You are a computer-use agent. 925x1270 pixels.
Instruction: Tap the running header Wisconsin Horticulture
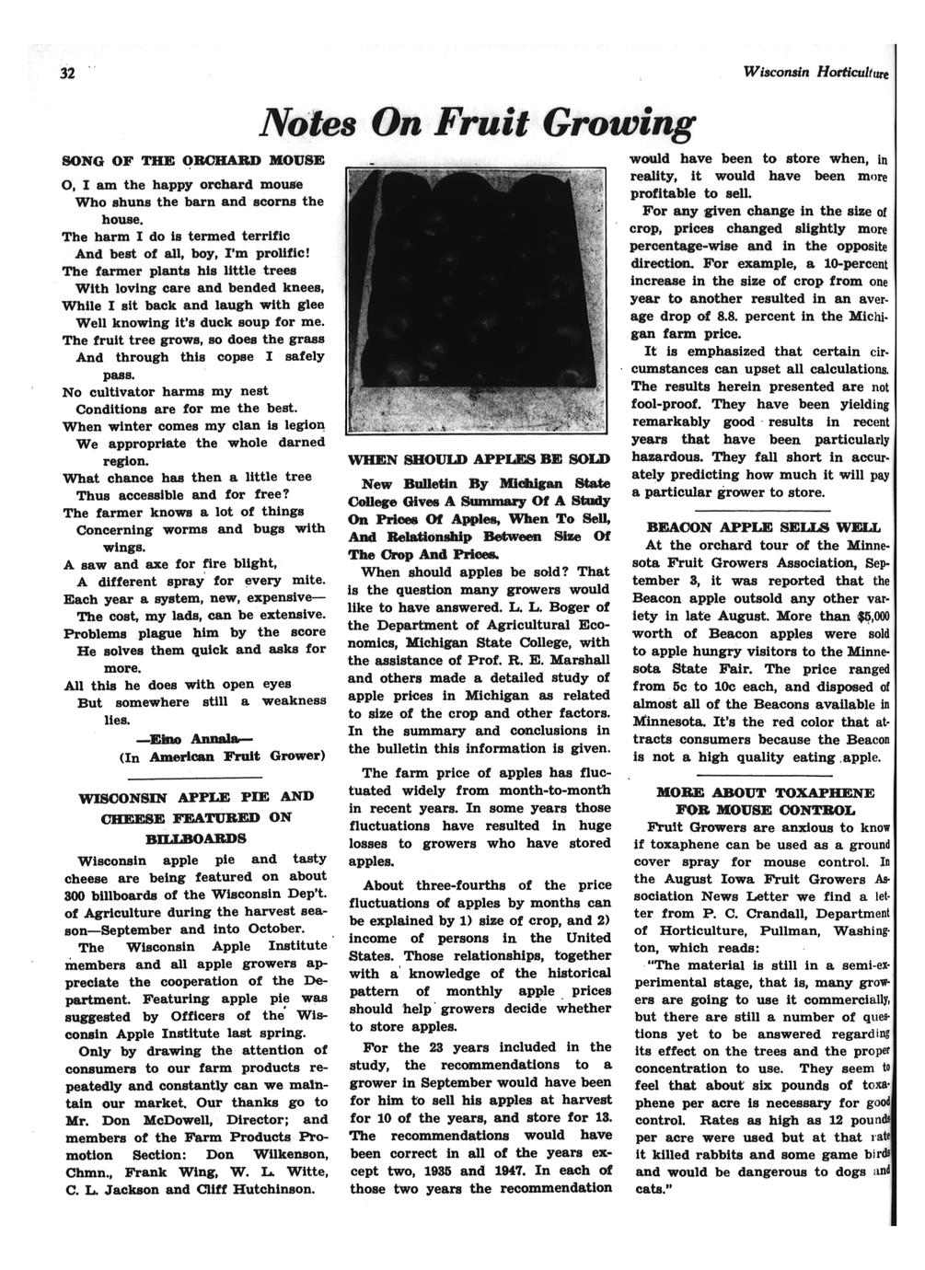coord(815,72)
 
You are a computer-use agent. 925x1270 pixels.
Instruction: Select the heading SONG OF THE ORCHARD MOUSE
coord(193,160)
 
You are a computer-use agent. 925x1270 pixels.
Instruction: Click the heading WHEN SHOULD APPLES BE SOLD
coord(478,458)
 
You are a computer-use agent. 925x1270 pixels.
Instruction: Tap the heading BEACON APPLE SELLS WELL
coord(764,527)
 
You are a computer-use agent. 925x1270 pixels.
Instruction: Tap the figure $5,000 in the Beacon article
coord(870,616)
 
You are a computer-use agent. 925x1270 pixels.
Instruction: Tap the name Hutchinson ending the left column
coord(273,1188)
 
